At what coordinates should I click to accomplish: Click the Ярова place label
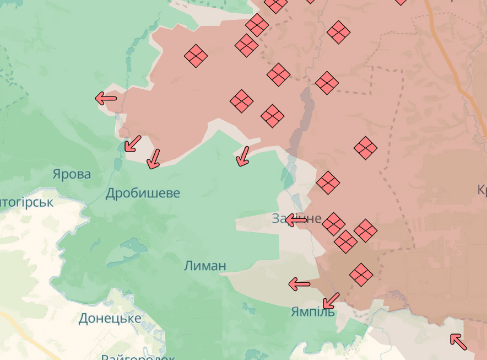[x=72, y=175]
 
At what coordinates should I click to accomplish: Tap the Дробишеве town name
[x=143, y=193]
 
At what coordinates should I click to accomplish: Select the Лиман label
[x=205, y=266]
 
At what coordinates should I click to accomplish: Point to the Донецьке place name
[x=110, y=318]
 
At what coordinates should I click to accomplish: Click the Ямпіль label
[x=312, y=312]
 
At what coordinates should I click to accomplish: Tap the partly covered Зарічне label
[x=296, y=218]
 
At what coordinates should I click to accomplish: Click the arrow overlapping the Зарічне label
[x=296, y=221]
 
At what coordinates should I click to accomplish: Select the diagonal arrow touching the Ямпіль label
[x=331, y=300]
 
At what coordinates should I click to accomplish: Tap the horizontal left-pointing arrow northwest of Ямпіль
[x=299, y=284]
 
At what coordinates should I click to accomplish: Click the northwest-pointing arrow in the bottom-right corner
[x=458, y=342]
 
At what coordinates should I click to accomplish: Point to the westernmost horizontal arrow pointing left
[x=106, y=99]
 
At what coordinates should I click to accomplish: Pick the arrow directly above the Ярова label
[x=132, y=143]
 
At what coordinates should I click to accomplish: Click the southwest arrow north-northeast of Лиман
[x=242, y=155]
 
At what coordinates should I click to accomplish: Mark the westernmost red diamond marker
[x=196, y=56]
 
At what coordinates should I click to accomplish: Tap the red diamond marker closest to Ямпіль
[x=361, y=273]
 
